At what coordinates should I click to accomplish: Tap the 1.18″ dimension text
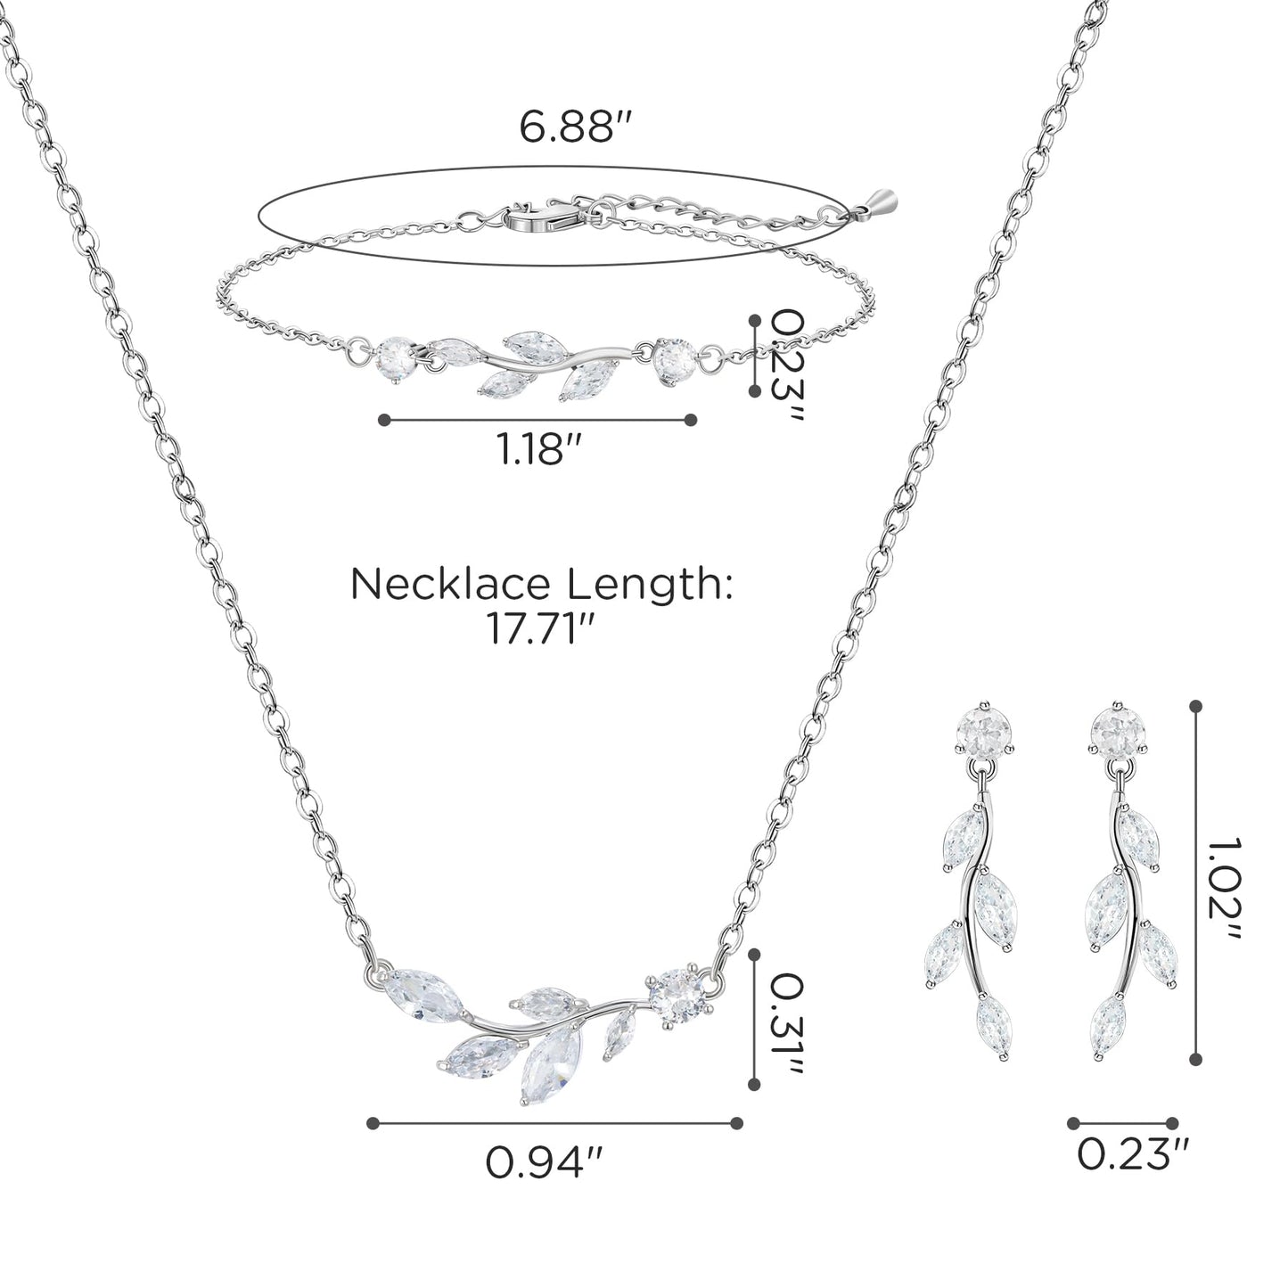tap(537, 449)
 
